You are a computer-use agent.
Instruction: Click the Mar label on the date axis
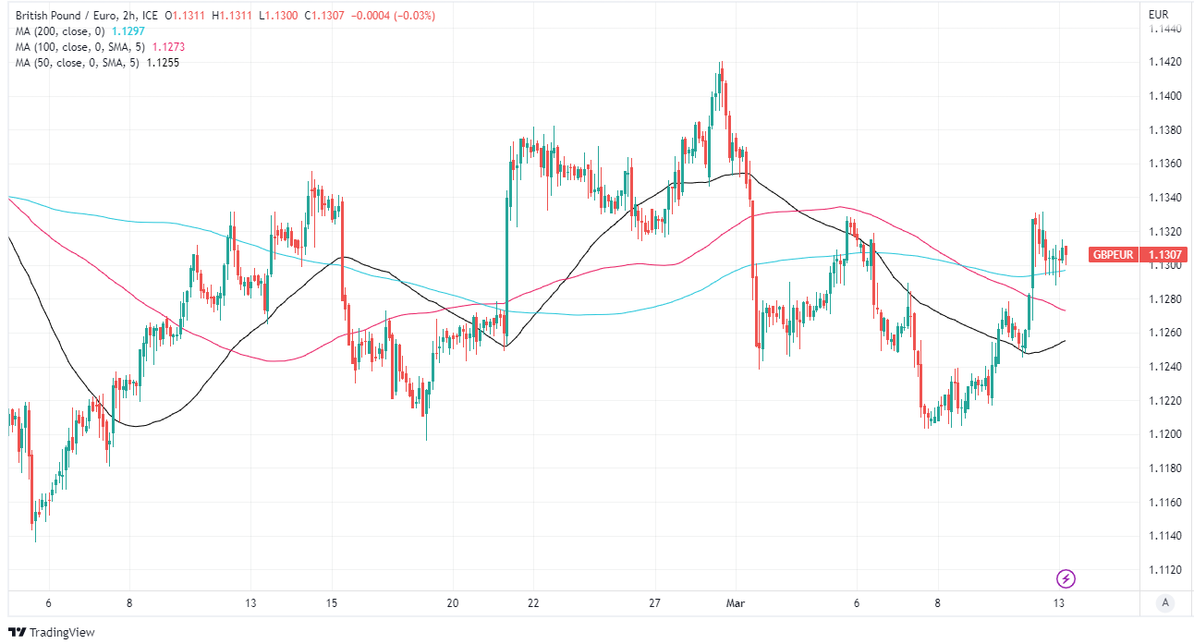(736, 603)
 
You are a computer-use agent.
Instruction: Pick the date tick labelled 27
(655, 603)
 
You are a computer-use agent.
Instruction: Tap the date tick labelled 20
(453, 603)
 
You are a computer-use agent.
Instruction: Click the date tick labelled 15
(332, 603)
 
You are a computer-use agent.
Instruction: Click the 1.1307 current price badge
(1162, 255)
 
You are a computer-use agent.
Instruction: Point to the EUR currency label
(1159, 15)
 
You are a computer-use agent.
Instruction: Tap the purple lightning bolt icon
(1066, 579)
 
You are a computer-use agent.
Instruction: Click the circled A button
(1165, 603)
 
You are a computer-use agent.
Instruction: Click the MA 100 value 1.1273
(167, 46)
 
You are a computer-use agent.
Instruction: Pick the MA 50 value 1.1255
(162, 62)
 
